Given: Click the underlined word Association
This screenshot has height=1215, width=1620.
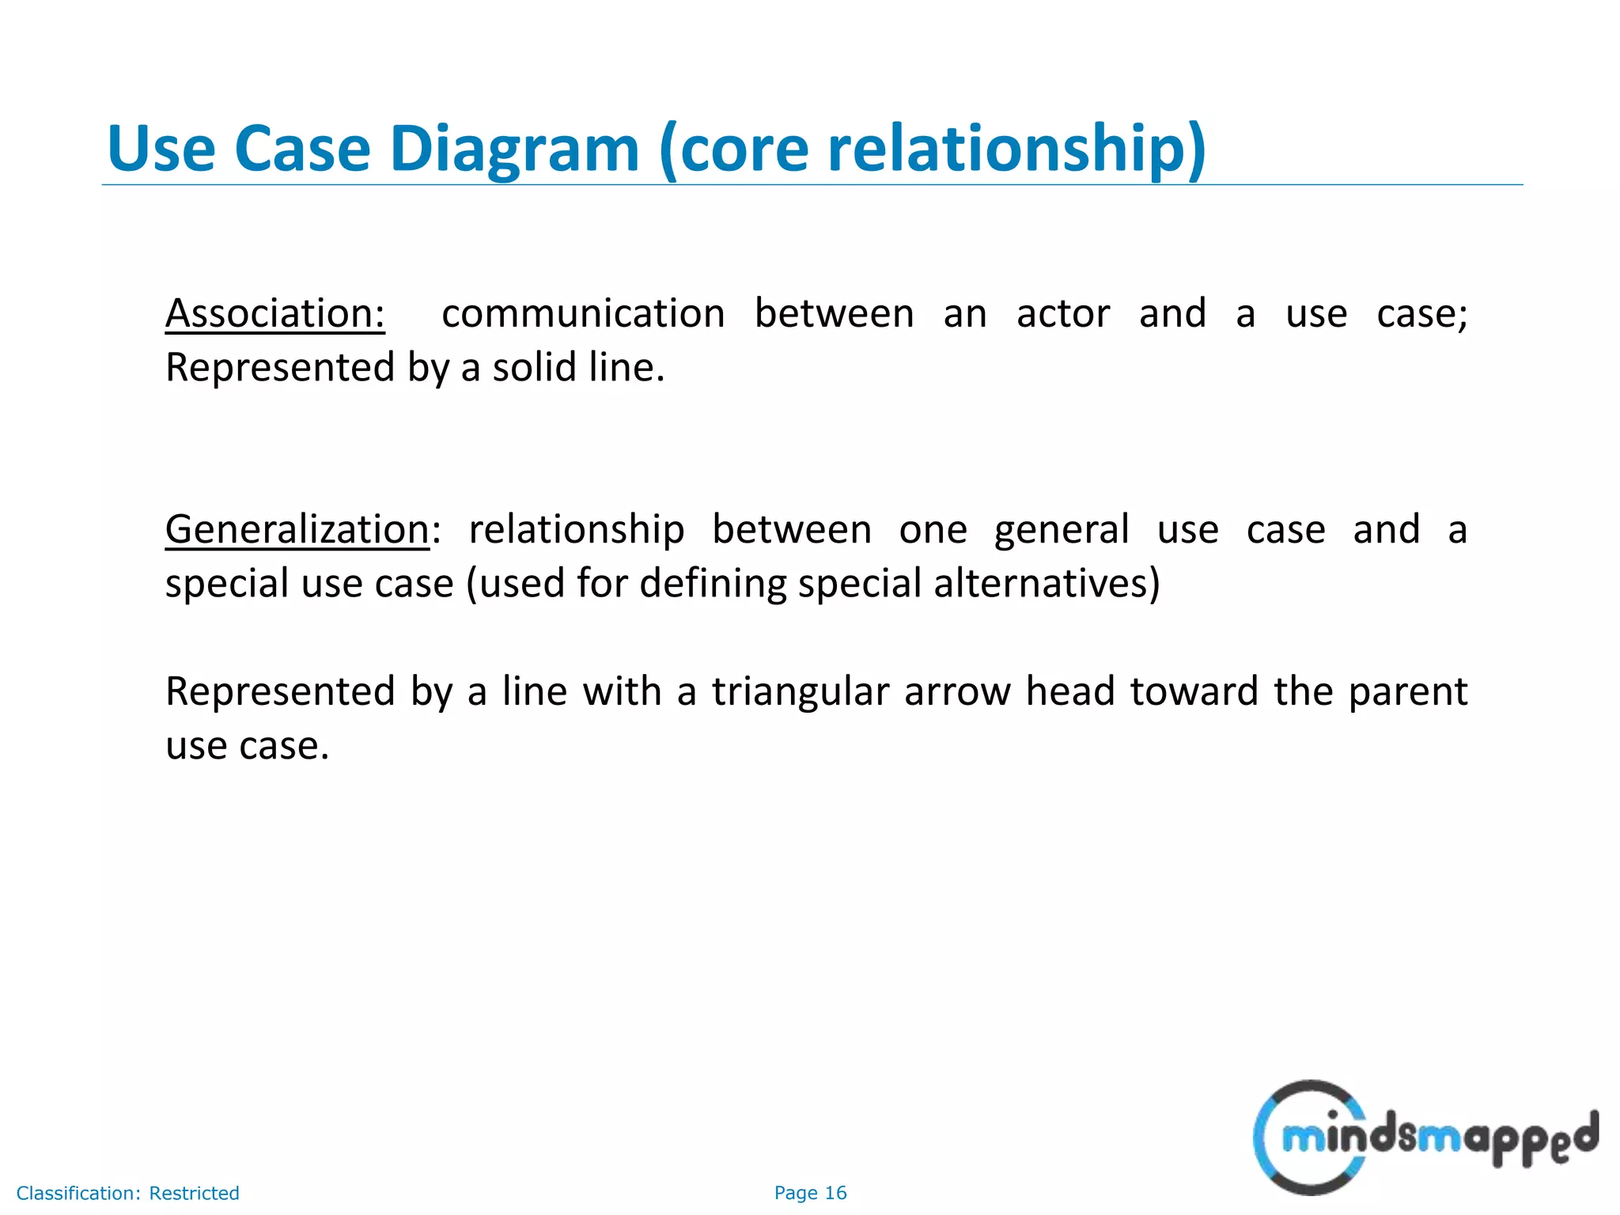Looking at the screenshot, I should [x=274, y=313].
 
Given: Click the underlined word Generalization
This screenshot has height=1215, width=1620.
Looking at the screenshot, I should [x=297, y=529].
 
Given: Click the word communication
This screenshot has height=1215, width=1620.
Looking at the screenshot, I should [x=583, y=313].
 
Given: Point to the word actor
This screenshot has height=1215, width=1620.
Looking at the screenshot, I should [x=1063, y=313].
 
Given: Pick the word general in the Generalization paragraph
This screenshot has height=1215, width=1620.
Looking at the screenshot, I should [x=1062, y=531].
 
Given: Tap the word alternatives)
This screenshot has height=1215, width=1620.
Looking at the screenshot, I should [x=1047, y=584].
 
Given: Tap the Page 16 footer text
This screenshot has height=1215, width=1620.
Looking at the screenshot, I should [x=810, y=1193].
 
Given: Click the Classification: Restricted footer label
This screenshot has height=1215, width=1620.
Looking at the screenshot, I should [x=127, y=1193].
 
